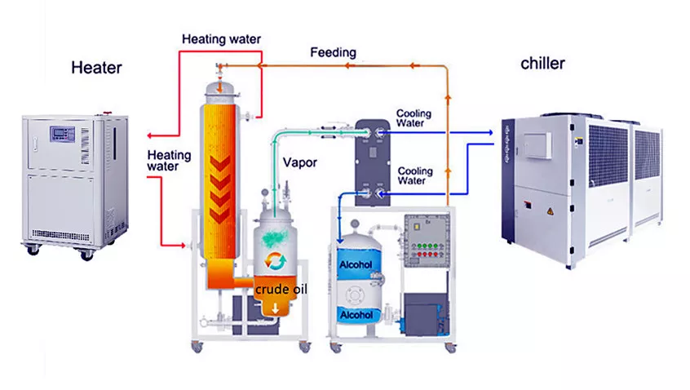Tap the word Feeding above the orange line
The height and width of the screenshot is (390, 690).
333,52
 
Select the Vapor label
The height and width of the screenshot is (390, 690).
300,162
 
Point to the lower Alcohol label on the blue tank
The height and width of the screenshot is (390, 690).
356,315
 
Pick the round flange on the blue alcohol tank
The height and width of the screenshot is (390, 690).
356,292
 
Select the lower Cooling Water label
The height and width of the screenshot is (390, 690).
414,176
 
